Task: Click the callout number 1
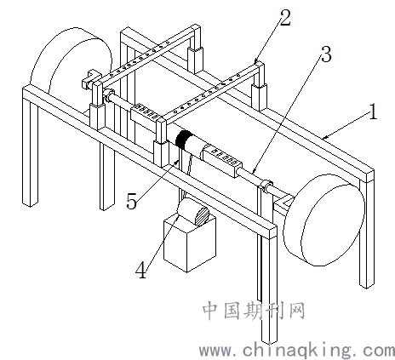coord(373,111)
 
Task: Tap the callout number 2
coord(285,18)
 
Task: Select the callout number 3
coord(326,54)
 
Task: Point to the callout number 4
coord(141,270)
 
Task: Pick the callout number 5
coord(131,201)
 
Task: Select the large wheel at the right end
coord(324,220)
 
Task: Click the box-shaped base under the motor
coord(190,244)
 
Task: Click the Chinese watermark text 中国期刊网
coord(254,311)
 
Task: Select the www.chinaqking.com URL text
coord(297,351)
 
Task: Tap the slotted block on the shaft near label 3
coord(221,160)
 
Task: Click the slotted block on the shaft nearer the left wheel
coord(146,113)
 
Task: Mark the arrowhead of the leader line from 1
coord(324,138)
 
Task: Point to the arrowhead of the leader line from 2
coord(255,61)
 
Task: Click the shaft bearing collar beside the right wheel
coord(266,186)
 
